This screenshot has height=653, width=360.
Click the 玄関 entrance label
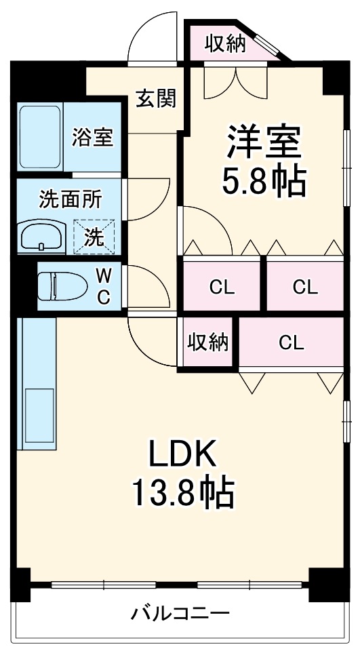tap(157, 99)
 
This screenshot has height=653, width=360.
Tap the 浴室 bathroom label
tap(93, 137)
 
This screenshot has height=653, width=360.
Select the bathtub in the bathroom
tap(40, 137)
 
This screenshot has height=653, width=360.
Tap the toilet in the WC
tap(61, 285)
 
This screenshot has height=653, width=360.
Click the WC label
tap(104, 285)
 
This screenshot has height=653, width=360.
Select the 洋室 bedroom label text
tap(264, 142)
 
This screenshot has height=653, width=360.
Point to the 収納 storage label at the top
tap(224, 44)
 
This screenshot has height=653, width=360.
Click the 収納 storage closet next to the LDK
tap(208, 342)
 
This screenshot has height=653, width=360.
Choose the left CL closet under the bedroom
tap(221, 286)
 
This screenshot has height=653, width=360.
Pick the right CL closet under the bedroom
tap(304, 286)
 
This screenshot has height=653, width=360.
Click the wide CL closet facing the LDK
tap(291, 342)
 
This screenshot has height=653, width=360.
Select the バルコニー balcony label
tap(180, 614)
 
